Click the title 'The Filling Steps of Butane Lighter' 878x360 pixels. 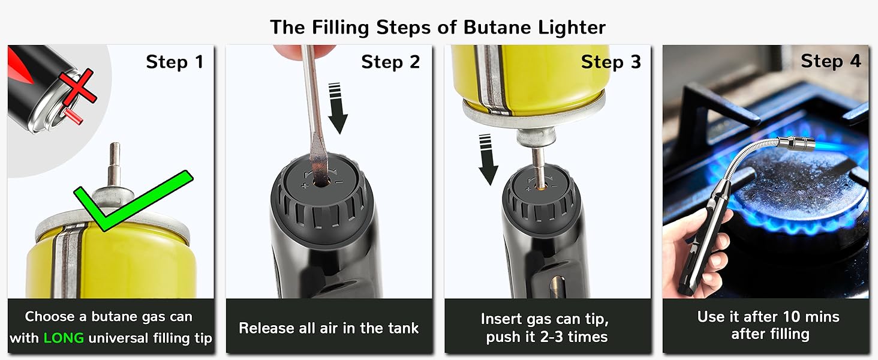click(438, 27)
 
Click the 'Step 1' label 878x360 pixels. click(175, 62)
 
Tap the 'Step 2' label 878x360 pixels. click(390, 62)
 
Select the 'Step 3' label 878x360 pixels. click(611, 62)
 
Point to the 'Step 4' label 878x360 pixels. click(831, 61)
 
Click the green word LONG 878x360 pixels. click(64, 338)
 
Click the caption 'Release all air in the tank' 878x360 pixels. click(329, 328)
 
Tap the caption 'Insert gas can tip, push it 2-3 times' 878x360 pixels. click(548, 328)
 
